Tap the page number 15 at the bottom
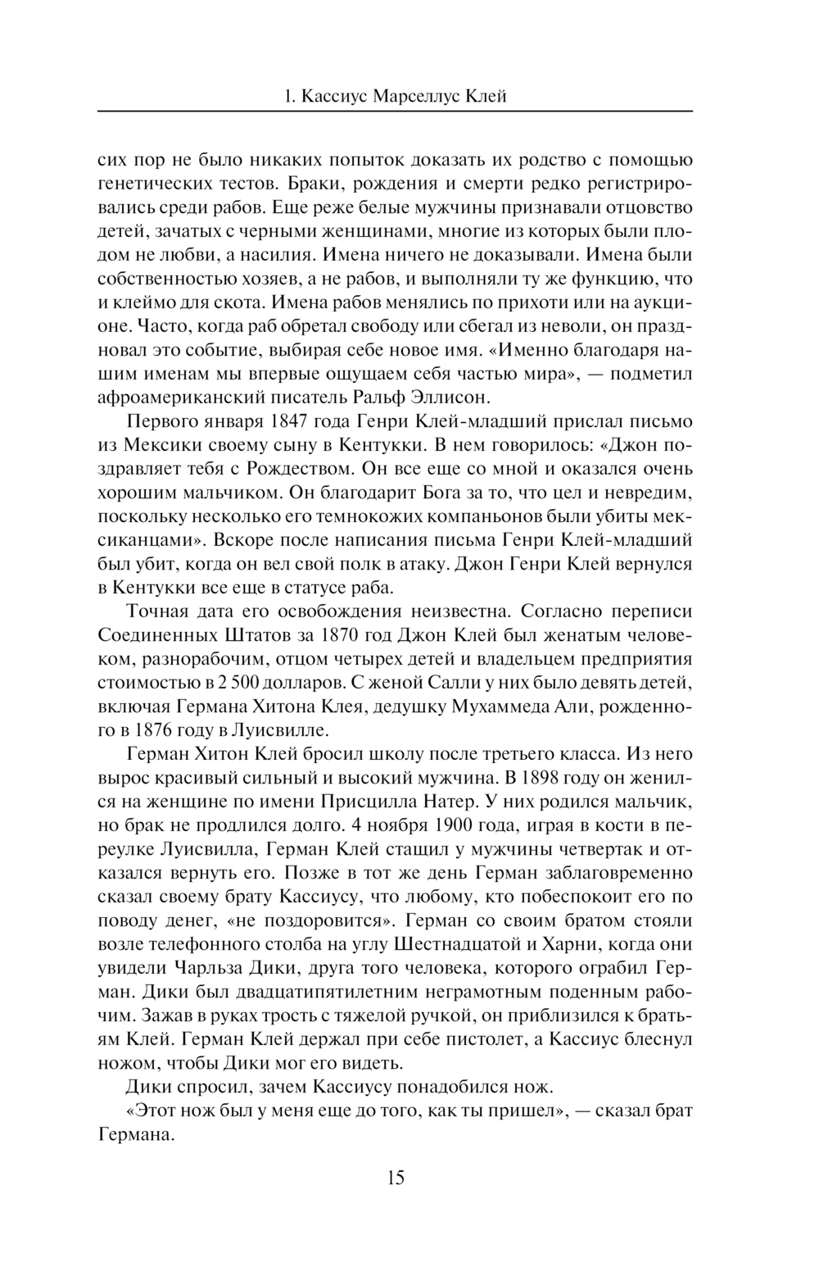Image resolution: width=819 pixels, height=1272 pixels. point(395,1178)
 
